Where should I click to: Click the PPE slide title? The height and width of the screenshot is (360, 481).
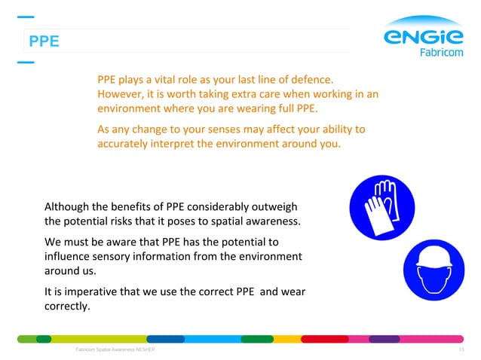43,42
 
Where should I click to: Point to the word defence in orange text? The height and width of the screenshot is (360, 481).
313,79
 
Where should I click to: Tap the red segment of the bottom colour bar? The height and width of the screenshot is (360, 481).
326,339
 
